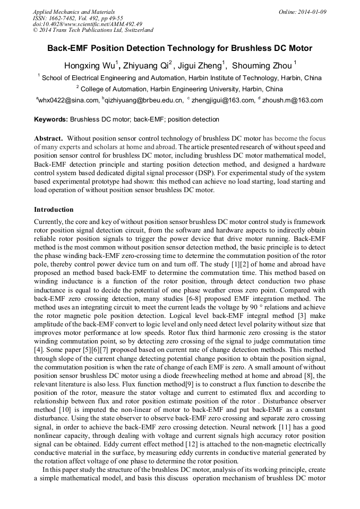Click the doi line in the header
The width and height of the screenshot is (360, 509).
88,24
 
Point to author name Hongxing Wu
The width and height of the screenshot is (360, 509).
88,66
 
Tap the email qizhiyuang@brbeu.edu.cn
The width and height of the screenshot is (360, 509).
144,100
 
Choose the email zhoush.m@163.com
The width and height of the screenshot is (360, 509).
293,100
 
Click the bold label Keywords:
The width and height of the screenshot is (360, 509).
51,120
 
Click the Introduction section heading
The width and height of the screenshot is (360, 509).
54,210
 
